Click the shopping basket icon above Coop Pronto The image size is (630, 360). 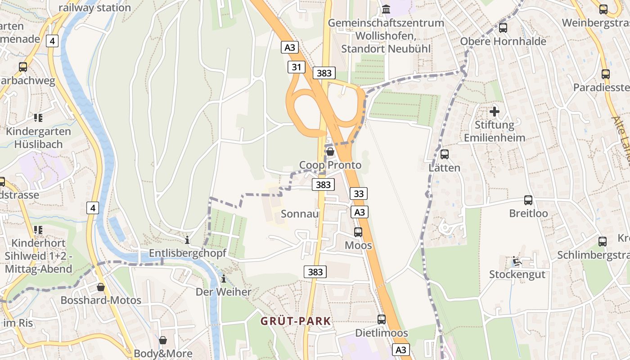[330, 152]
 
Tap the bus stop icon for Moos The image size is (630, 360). [358, 232]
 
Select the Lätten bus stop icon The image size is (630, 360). [445, 154]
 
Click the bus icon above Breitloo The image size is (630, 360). [528, 200]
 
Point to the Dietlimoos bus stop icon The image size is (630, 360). [382, 319]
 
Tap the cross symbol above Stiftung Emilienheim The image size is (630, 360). [495, 111]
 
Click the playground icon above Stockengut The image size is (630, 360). [517, 261]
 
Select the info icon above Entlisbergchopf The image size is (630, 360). [187, 240]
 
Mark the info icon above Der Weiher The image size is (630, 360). [224, 279]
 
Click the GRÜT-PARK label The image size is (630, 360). [296, 321]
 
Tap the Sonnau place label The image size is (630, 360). [300, 213]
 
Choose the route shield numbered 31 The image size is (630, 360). [296, 67]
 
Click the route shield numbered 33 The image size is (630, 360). [359, 193]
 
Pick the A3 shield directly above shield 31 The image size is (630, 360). [290, 47]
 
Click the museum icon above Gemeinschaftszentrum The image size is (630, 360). [386, 9]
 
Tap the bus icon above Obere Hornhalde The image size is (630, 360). [503, 28]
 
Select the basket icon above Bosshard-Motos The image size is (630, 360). [101, 287]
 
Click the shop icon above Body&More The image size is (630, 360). [163, 340]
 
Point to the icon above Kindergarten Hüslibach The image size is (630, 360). [38, 118]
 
